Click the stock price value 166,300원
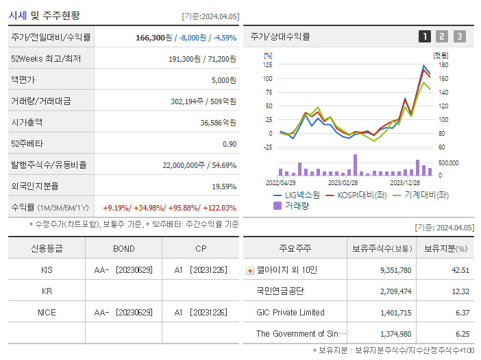click(x=154, y=38)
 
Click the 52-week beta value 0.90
click(x=230, y=144)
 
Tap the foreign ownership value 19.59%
click(x=224, y=187)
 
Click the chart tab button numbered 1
click(x=425, y=36)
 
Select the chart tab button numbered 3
click(x=459, y=36)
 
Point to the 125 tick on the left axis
click(x=268, y=64)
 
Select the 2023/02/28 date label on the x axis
click(x=343, y=182)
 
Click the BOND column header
click(x=124, y=248)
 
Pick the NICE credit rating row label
click(x=47, y=312)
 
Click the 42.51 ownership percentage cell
click(x=460, y=270)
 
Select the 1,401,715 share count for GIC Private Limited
click(x=395, y=313)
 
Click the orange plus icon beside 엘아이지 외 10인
click(x=249, y=270)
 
